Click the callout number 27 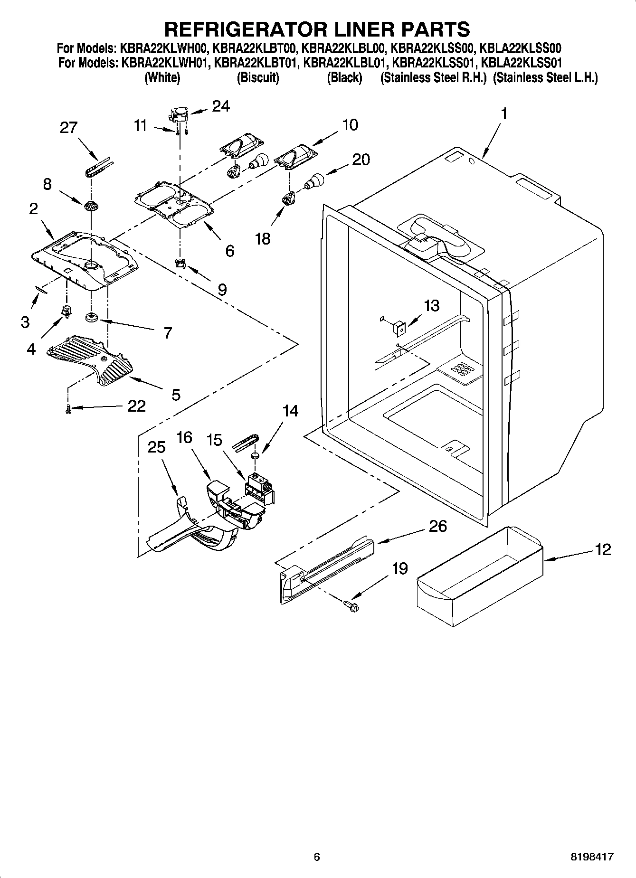tap(69, 128)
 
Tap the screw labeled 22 tap(68, 408)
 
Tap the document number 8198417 tap(591, 858)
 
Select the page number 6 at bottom tap(317, 858)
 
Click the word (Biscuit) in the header tap(257, 78)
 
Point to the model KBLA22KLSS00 tap(521, 47)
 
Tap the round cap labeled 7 tap(91, 317)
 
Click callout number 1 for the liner tap(504, 114)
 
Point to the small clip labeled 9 tap(180, 263)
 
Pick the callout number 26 tap(437, 526)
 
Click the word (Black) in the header tap(344, 78)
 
